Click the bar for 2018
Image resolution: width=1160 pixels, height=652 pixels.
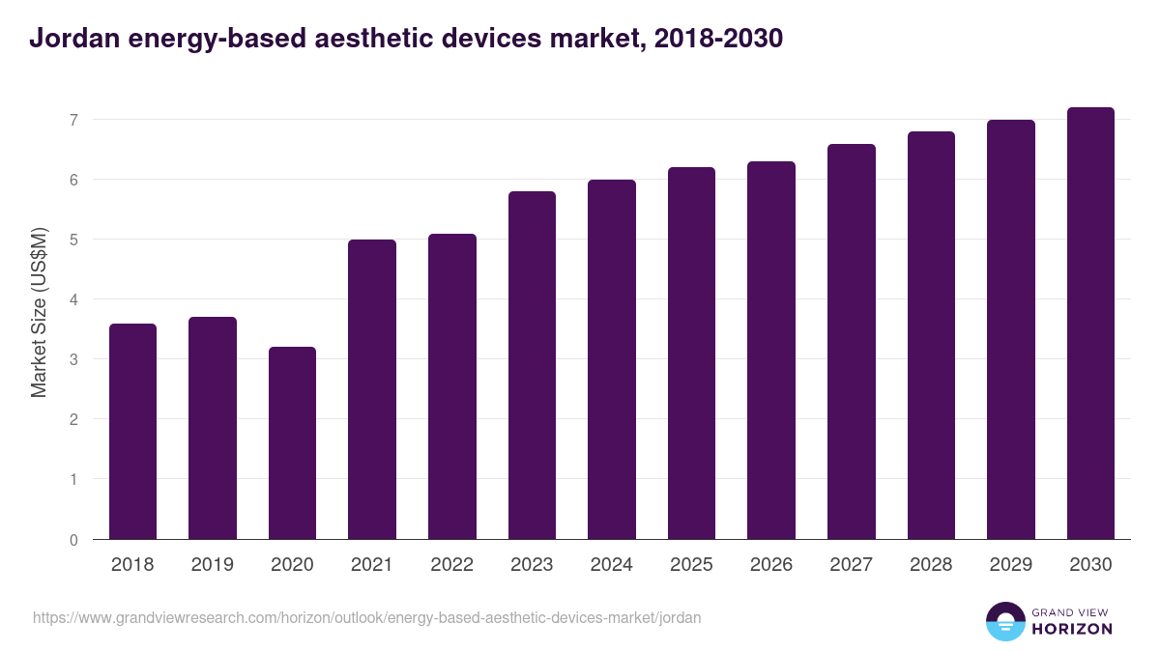[132, 432]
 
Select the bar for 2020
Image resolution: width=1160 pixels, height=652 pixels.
[292, 443]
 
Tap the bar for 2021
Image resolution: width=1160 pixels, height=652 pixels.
[372, 389]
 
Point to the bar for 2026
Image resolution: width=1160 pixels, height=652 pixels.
[771, 351]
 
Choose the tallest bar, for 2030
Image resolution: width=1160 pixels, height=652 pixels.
[1090, 324]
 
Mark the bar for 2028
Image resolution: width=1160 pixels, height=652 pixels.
[931, 335]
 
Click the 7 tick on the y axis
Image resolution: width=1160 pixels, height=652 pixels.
[72, 120]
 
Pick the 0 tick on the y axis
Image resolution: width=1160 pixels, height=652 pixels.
[72, 539]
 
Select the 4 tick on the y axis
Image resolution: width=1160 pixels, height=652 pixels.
[72, 299]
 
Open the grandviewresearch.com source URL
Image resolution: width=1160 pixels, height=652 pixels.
[367, 617]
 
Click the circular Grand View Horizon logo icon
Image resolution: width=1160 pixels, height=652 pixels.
[1004, 621]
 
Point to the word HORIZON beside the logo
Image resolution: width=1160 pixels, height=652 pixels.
[1072, 629]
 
